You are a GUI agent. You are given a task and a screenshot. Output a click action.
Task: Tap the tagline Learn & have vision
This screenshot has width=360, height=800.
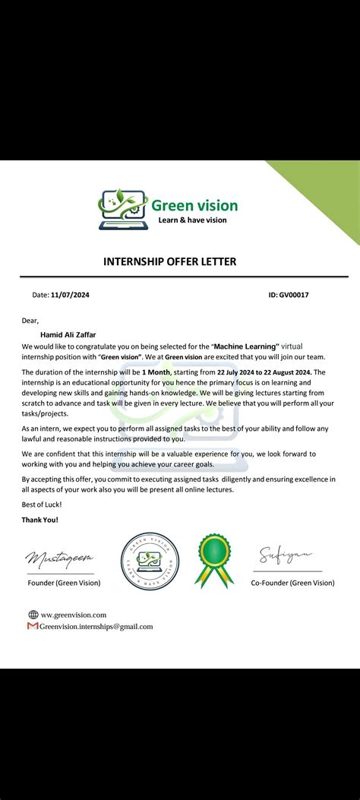[x=192, y=220]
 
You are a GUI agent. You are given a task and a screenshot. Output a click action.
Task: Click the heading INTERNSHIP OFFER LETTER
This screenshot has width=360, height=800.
[x=169, y=261]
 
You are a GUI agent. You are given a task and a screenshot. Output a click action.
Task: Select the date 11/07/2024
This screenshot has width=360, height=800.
[x=70, y=295]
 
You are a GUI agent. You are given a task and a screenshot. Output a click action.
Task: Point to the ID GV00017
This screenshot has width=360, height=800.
[x=294, y=295]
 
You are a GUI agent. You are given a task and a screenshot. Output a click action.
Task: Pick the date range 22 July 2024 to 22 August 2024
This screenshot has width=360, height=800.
[x=264, y=372]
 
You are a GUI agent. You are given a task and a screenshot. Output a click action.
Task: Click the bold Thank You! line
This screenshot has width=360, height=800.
[x=40, y=520]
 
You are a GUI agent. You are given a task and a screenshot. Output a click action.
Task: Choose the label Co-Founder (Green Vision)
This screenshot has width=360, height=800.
[x=292, y=583]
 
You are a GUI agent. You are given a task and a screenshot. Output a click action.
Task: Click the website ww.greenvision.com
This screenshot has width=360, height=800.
[x=74, y=615]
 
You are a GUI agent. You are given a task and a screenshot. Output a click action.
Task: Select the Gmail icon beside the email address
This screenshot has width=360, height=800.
[x=33, y=626]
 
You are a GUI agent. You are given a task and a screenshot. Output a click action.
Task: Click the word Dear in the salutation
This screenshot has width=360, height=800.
[x=30, y=320]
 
